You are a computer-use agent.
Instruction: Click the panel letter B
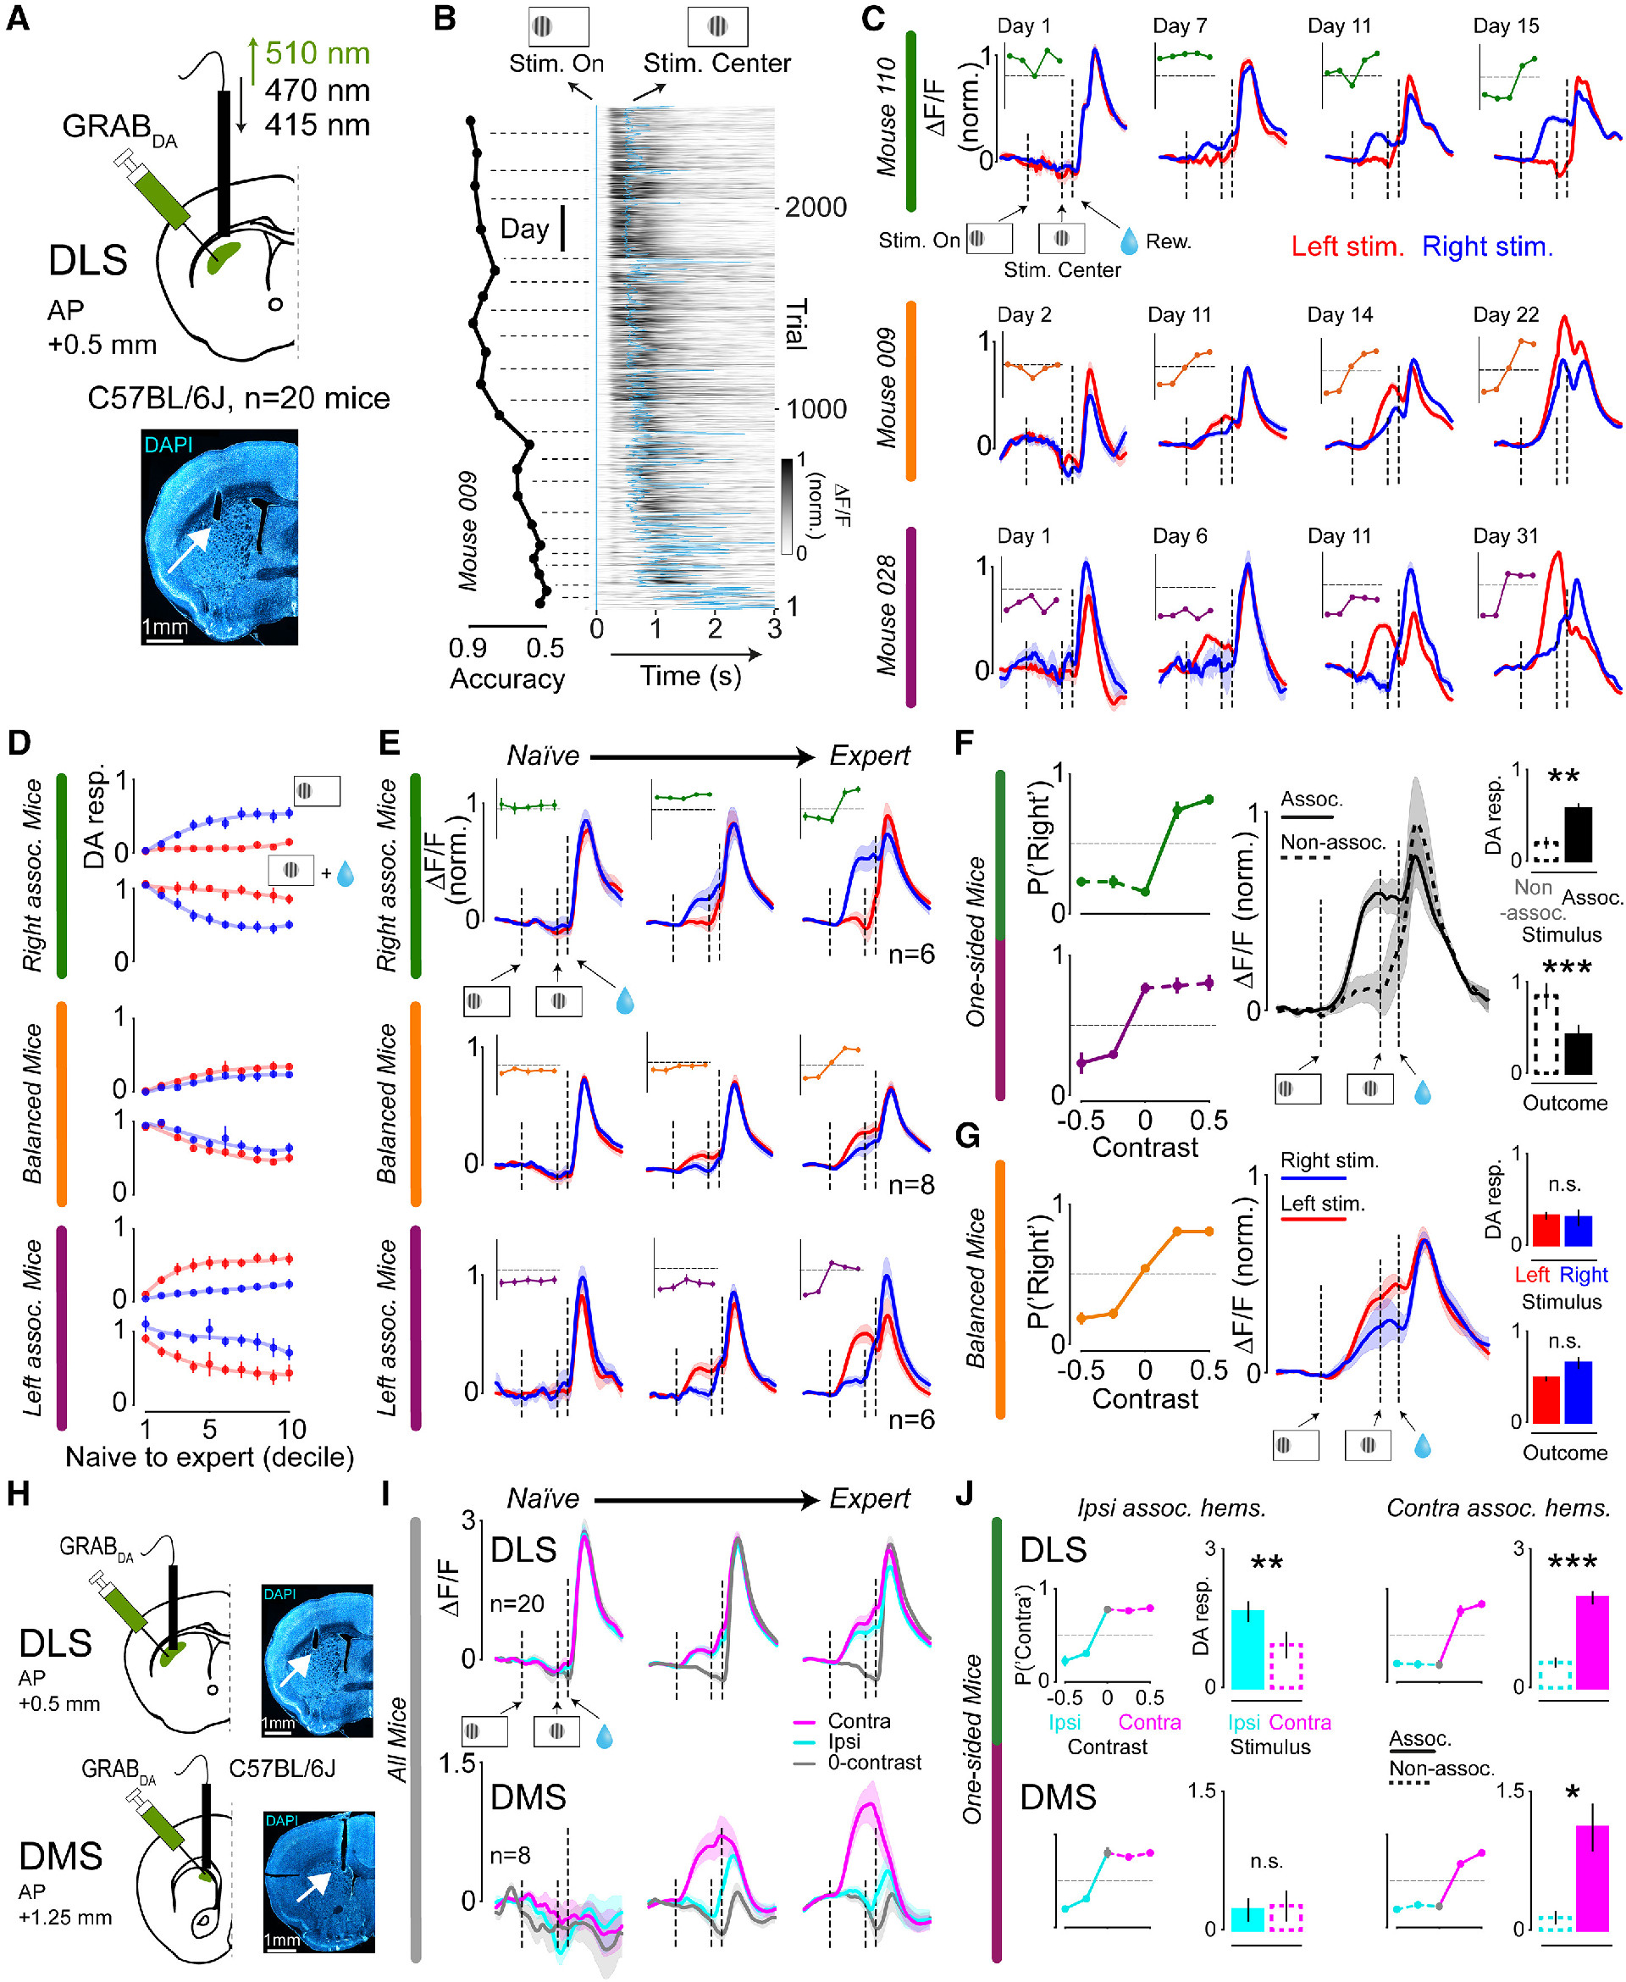click(445, 19)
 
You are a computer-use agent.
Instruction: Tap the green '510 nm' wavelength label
click(317, 53)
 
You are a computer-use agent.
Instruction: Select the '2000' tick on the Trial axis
click(815, 207)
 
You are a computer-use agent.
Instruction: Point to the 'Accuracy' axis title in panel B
click(506, 679)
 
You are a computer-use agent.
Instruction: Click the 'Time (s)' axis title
click(690, 676)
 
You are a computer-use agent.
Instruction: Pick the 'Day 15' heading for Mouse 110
click(1505, 26)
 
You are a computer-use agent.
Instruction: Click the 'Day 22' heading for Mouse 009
click(1505, 315)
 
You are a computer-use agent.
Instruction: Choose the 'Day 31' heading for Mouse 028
click(1505, 536)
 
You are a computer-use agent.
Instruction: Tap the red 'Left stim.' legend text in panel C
click(1347, 246)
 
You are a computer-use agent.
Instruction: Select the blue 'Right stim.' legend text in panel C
click(1487, 246)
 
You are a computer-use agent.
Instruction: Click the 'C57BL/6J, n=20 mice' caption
click(238, 398)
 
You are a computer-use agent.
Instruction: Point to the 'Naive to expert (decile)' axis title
click(209, 1457)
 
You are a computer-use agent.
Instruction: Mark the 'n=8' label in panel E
click(911, 1185)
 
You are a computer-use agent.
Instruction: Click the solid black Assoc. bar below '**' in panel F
click(1579, 833)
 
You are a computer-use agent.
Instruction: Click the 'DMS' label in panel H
click(61, 1856)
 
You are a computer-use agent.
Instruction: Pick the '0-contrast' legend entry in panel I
click(874, 1762)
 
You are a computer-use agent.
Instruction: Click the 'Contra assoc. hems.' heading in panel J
click(1497, 1508)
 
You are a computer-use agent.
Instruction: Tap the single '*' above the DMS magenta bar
click(1573, 1792)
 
